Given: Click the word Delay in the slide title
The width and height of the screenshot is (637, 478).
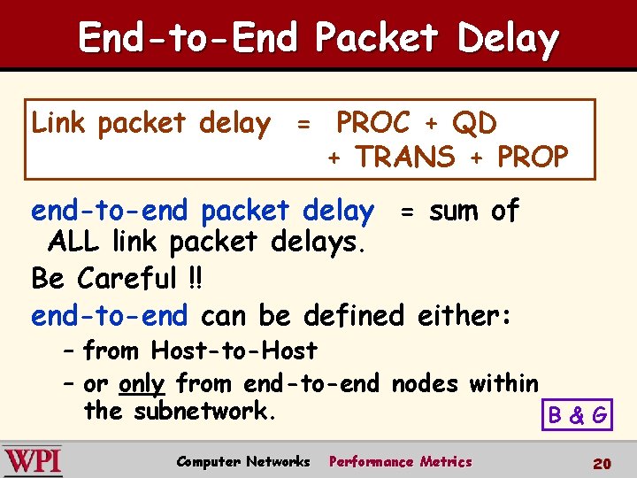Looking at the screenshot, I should click(x=508, y=39).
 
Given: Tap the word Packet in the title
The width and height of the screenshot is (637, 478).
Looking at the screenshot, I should click(x=376, y=39).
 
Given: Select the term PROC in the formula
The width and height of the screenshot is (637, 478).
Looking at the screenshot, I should click(x=372, y=123).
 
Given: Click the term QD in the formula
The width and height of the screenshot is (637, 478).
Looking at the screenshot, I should click(x=474, y=123).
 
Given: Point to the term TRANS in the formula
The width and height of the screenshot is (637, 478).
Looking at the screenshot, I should click(x=404, y=158).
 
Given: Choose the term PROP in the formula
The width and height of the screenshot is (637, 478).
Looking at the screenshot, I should click(x=533, y=158).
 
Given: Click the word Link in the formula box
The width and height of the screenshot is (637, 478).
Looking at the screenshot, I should click(x=60, y=123).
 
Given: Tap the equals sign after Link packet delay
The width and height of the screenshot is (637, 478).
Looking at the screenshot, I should click(x=303, y=126).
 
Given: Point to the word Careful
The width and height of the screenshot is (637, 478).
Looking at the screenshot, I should click(x=127, y=279).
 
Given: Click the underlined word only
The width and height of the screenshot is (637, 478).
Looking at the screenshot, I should click(x=142, y=384).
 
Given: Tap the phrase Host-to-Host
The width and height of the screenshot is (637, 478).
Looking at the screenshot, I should click(x=234, y=351).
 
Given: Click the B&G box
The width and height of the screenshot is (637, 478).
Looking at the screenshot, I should click(x=578, y=414).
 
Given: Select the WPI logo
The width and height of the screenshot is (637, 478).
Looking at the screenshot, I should click(x=33, y=460).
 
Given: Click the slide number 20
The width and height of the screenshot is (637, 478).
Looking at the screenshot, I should click(x=602, y=463).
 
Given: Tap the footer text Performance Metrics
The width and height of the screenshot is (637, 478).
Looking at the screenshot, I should click(x=400, y=461).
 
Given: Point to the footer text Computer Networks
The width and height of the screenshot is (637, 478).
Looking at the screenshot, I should click(x=243, y=461).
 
